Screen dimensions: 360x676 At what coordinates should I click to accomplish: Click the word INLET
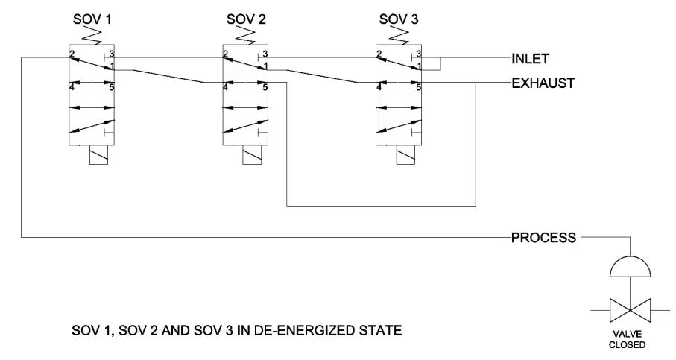530,57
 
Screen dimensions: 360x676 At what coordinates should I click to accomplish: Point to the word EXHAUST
543,83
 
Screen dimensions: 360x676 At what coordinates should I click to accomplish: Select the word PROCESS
542,238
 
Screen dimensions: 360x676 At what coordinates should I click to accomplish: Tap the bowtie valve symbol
631,307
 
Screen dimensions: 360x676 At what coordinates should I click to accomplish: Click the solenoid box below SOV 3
398,156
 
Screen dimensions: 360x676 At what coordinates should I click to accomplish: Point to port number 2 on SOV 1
72,54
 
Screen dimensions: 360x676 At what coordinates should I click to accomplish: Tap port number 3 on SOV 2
265,54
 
